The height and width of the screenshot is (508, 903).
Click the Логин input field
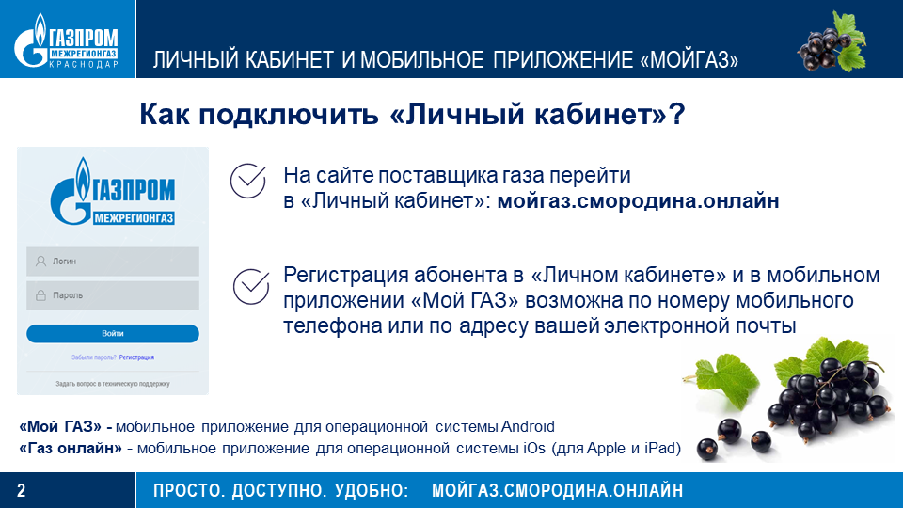(113, 262)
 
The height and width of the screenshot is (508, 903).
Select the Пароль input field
(113, 295)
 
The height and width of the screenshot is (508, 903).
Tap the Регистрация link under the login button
(136, 357)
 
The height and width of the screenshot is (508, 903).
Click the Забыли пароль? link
(94, 357)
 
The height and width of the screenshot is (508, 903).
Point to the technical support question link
(113, 384)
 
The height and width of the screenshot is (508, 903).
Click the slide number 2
(22, 491)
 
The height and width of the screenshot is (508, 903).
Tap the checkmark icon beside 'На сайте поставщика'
(248, 181)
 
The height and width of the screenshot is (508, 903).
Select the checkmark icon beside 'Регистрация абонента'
(251, 286)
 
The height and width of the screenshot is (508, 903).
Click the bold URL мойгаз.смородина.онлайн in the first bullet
(638, 201)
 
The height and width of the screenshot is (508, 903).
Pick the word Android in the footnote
(528, 427)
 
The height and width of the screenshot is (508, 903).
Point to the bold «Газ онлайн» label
(71, 448)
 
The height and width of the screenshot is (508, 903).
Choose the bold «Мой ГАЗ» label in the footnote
(60, 427)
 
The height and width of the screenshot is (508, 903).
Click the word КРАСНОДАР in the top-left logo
(84, 65)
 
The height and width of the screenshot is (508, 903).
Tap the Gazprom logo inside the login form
(113, 191)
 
